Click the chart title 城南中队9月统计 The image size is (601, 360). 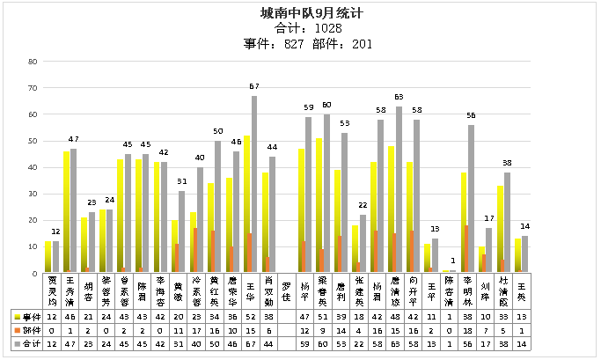pos(299,14)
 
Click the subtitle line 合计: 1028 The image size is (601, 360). pos(299,28)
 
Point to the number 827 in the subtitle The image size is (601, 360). pos(281,43)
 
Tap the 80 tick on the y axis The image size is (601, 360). pos(32,62)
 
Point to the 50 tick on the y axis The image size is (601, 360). pos(32,141)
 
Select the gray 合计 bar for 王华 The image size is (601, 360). pos(253,184)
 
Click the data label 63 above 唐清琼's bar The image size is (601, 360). pos(399,97)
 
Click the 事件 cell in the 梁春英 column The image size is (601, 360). pos(323,314)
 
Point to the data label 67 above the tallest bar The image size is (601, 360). pos(253,87)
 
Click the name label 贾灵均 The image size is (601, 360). pos(52,290)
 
